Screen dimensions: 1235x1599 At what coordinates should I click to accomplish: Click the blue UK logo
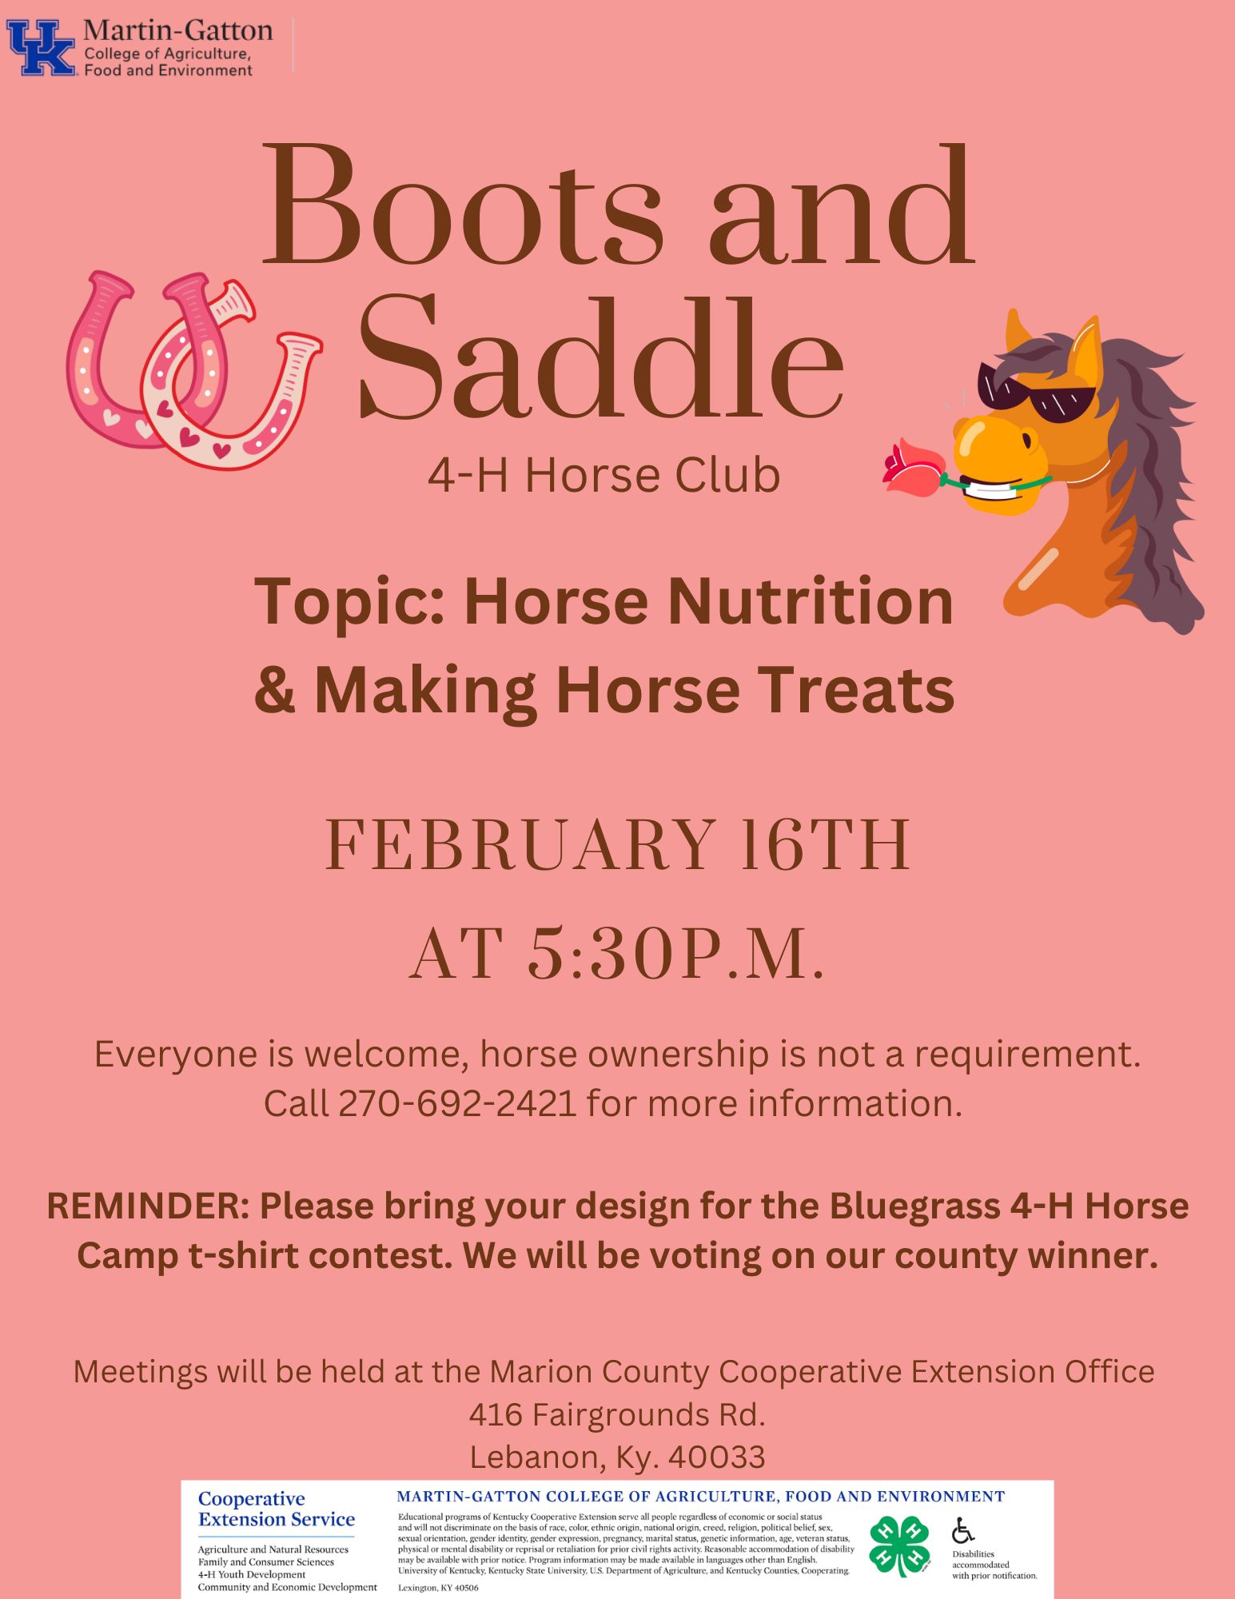[42, 48]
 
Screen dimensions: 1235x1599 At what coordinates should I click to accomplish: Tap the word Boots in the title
[462, 205]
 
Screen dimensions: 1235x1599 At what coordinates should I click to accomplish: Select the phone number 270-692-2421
[457, 1103]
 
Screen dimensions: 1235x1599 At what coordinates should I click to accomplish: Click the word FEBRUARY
[520, 845]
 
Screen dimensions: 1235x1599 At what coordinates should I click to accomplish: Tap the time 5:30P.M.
[675, 953]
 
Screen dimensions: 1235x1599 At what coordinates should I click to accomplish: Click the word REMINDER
[148, 1206]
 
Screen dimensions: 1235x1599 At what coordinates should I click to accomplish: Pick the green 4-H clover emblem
[900, 1545]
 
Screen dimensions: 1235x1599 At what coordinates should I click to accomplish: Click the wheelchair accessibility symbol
[963, 1530]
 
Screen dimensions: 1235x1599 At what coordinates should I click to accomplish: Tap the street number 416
[496, 1414]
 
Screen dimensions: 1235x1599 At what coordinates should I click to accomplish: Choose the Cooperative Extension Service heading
[277, 1509]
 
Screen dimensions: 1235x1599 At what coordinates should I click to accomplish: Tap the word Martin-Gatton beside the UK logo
[177, 30]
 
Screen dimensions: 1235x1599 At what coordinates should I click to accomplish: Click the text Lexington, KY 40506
[438, 1588]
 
